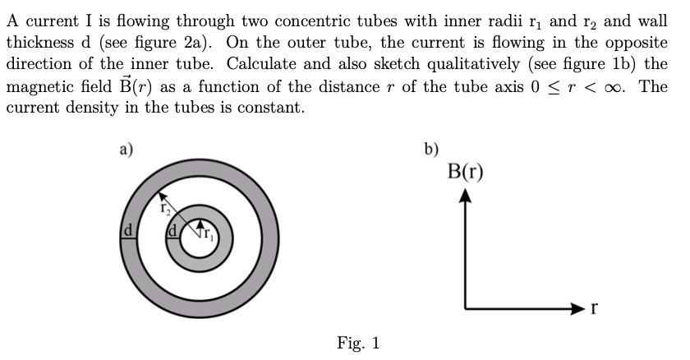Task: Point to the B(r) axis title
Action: pyautogui.click(x=466, y=173)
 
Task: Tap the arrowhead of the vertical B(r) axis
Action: pyautogui.click(x=466, y=195)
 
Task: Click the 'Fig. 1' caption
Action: pyautogui.click(x=358, y=342)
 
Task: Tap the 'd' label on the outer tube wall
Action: pyautogui.click(x=127, y=233)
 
